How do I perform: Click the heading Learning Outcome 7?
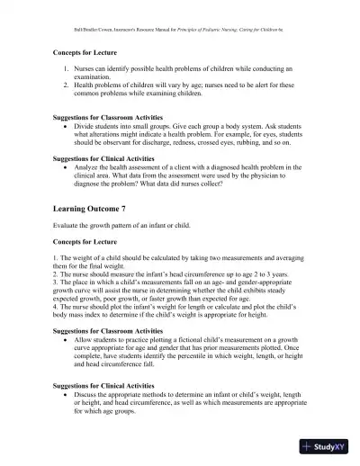tap(92, 207)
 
